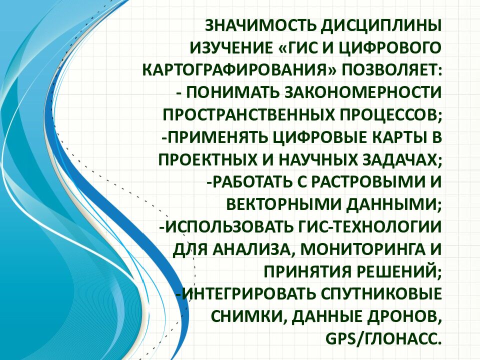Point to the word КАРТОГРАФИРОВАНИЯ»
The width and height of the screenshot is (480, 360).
(x=240, y=70)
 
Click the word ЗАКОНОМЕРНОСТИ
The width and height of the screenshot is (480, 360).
(x=360, y=92)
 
